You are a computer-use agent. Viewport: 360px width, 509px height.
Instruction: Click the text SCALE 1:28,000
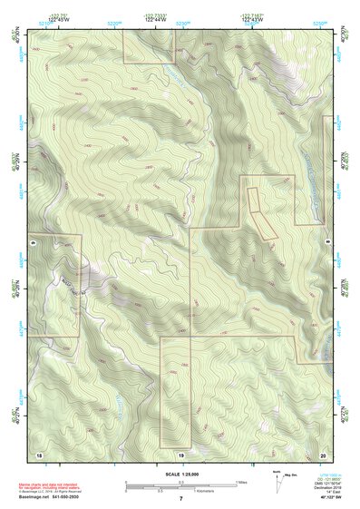180,474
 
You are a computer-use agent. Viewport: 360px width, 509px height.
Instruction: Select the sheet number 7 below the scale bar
180,499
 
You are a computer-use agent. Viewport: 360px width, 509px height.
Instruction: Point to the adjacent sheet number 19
180,454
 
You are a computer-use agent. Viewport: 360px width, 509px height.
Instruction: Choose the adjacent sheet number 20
322,454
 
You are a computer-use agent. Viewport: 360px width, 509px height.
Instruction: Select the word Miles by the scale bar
242,482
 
